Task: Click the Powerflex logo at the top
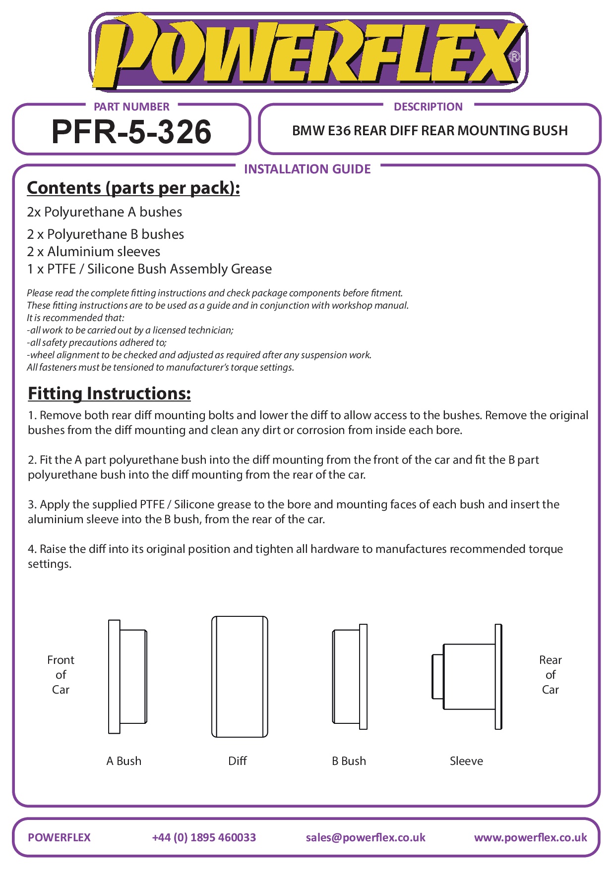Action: point(307,52)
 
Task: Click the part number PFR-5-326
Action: point(131,132)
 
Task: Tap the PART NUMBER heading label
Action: point(131,107)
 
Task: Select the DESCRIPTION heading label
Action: point(428,107)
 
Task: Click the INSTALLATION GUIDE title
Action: point(307,169)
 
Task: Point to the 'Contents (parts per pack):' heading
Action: point(133,188)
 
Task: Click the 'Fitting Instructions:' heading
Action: point(109,393)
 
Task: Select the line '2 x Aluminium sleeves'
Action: point(94,252)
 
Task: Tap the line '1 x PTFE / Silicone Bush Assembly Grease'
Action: point(149,269)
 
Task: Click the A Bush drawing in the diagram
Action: point(127,676)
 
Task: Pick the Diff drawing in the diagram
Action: point(240,676)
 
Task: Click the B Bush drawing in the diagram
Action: point(350,676)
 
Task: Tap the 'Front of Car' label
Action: point(61,675)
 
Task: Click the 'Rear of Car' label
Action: point(550,675)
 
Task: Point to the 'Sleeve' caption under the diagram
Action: point(466,761)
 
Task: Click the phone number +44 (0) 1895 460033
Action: point(204,837)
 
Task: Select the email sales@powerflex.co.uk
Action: point(366,837)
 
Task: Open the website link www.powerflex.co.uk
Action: point(530,837)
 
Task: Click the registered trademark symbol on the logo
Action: point(514,57)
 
